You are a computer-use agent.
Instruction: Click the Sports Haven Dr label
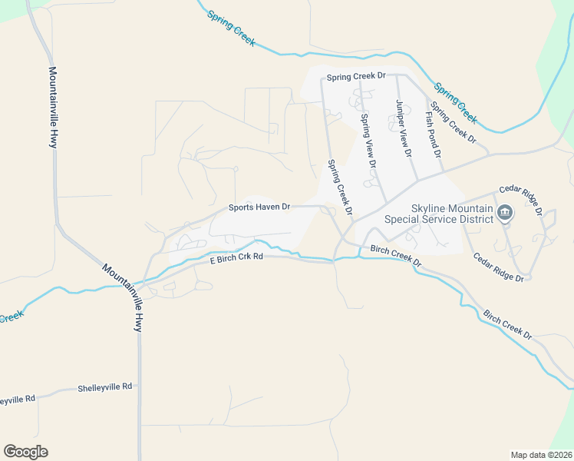(x=259, y=207)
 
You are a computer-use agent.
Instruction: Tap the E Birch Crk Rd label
(x=237, y=260)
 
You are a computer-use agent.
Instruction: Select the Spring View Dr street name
(x=368, y=141)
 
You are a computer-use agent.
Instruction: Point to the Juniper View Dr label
(x=401, y=128)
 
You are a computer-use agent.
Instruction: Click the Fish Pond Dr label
(x=434, y=134)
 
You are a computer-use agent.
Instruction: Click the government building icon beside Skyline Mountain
(x=504, y=214)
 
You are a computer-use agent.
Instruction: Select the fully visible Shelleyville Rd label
(x=105, y=387)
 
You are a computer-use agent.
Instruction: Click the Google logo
(x=25, y=452)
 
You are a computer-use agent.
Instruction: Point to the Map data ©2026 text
(x=541, y=454)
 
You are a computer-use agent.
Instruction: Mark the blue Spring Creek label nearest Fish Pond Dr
(x=455, y=103)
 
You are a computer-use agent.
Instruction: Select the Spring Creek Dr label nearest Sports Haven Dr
(x=339, y=187)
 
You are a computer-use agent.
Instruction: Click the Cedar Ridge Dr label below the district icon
(x=497, y=267)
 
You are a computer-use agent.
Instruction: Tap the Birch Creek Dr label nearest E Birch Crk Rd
(x=396, y=257)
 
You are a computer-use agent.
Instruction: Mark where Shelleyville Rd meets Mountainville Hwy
(x=139, y=390)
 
